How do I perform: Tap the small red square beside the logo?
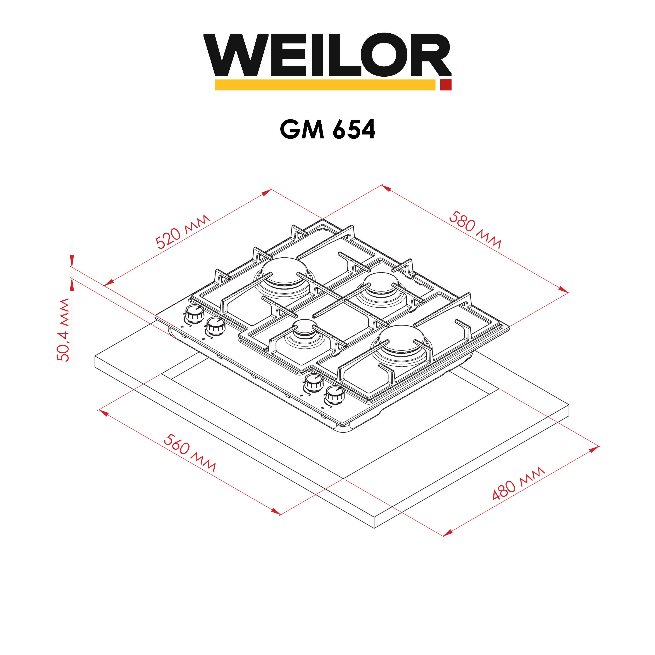coord(446,85)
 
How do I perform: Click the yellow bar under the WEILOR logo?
coord(325,85)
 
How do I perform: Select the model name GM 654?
coord(327,129)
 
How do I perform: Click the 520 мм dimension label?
coord(183,232)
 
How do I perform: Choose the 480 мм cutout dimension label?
coord(518,484)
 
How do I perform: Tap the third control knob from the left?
coord(314,383)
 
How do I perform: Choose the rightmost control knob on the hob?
coord(335,395)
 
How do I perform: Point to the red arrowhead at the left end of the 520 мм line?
coord(109,282)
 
